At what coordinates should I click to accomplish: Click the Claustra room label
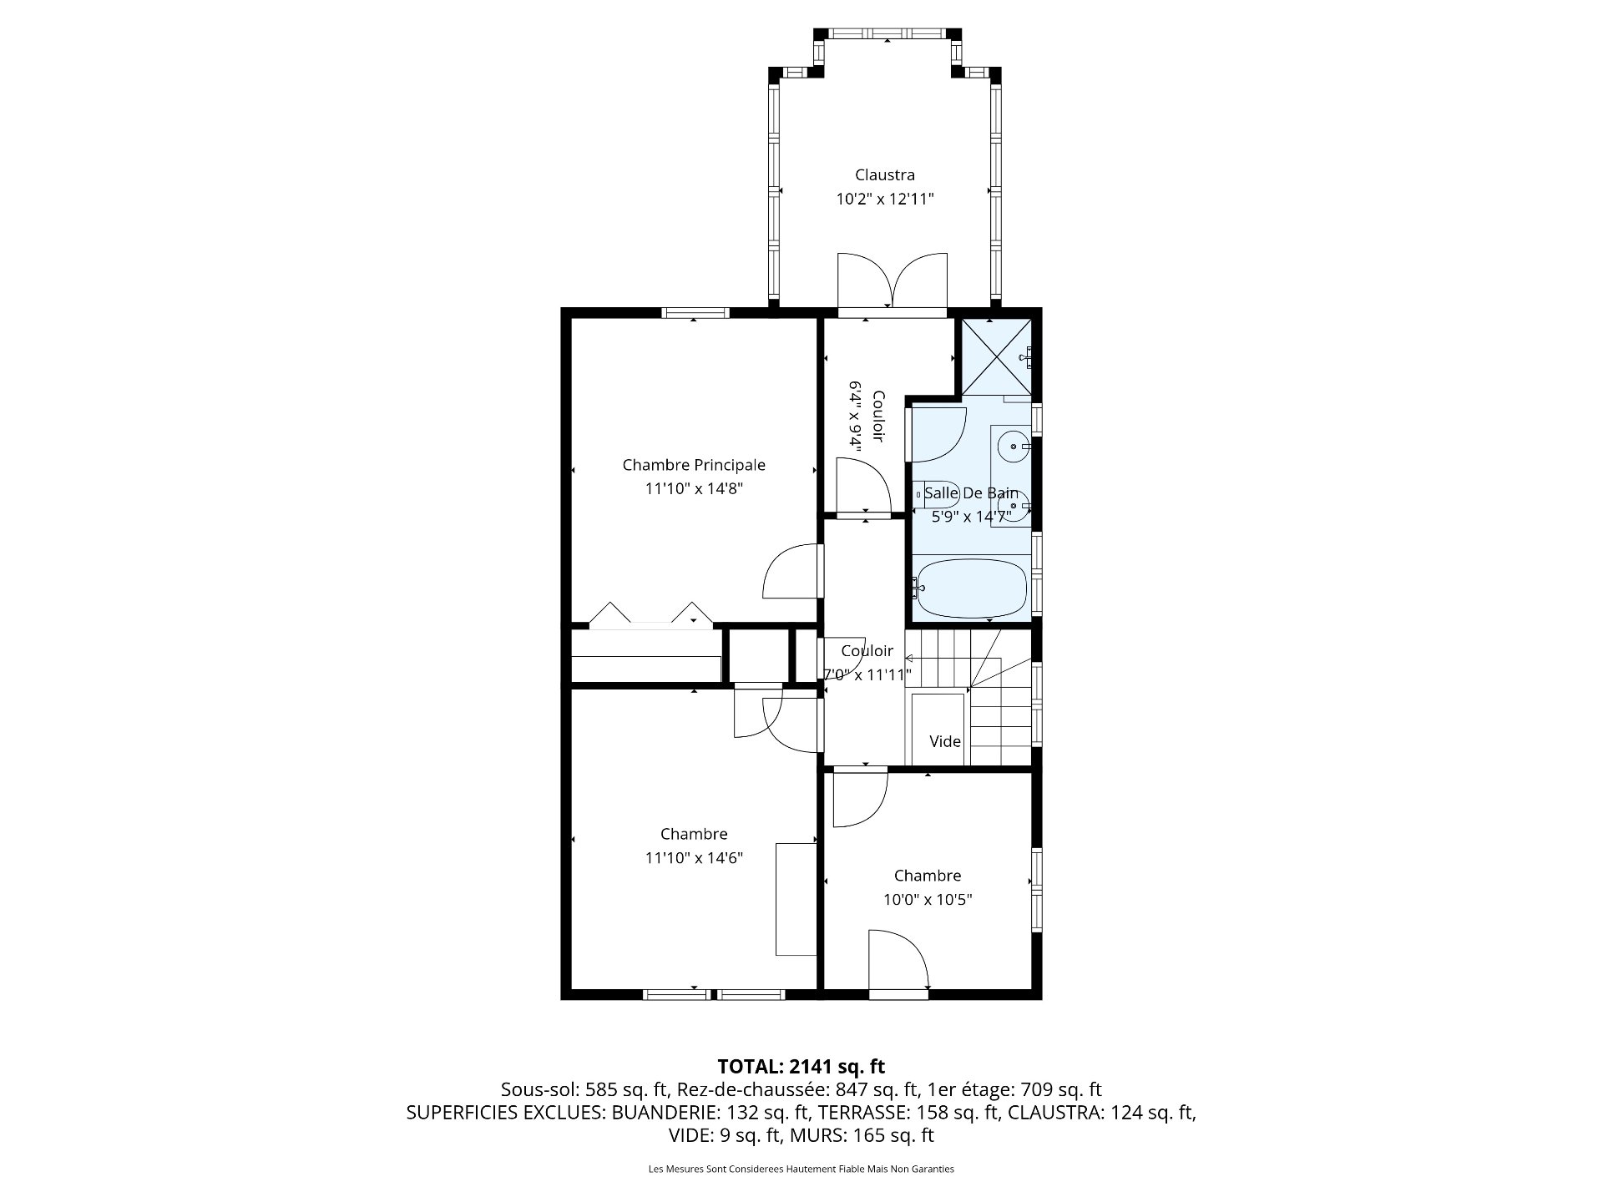click(x=884, y=175)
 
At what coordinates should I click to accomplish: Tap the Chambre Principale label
click(x=694, y=465)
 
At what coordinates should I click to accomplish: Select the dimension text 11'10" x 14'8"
click(x=694, y=488)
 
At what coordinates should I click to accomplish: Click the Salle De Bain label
click(x=971, y=493)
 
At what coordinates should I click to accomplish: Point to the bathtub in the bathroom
click(x=971, y=588)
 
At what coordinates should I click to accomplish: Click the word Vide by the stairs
click(x=945, y=741)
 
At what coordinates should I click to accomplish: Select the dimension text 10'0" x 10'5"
click(x=928, y=900)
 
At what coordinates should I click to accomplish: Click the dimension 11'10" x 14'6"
click(x=694, y=858)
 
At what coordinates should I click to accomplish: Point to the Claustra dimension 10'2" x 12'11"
click(x=884, y=199)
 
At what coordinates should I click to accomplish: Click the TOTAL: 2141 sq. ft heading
click(x=801, y=1067)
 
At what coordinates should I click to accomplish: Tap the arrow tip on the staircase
click(x=908, y=658)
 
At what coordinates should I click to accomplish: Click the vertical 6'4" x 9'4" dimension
click(x=855, y=416)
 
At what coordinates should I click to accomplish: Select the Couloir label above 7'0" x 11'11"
click(x=867, y=651)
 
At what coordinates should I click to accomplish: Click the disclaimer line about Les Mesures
click(x=801, y=1169)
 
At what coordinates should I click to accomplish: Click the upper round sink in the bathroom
click(x=1014, y=447)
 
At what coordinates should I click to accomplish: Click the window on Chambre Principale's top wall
click(x=695, y=313)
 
